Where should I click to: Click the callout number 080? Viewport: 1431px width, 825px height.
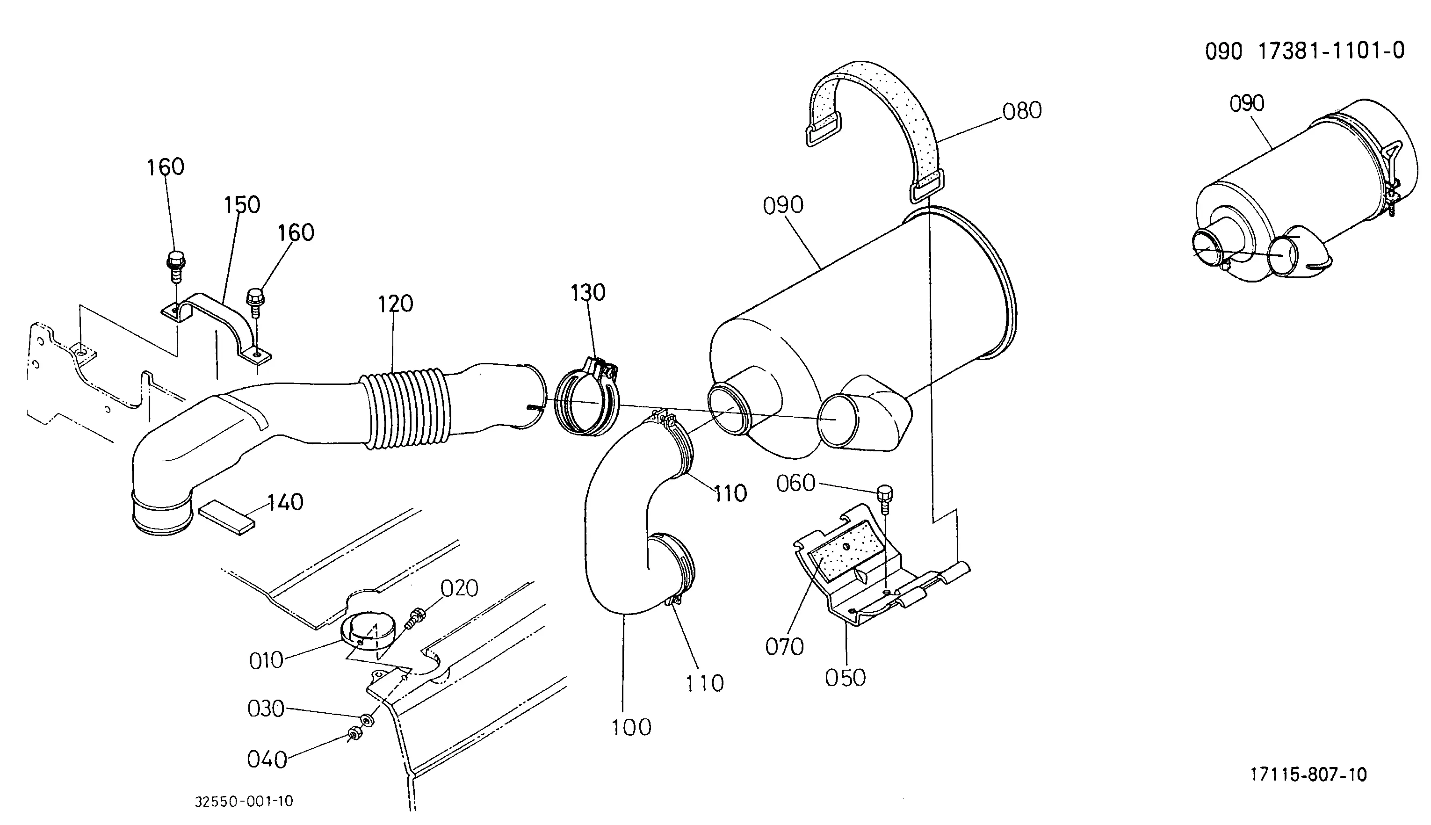point(1022,110)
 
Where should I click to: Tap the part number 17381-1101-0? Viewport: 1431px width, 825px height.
point(1331,51)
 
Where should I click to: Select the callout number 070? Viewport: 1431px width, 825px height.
point(785,646)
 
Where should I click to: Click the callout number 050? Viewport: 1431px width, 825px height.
point(845,678)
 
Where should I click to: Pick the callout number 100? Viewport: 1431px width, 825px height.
point(632,728)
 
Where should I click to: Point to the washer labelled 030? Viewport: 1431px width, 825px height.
point(368,720)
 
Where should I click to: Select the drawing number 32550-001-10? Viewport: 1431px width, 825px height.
point(244,801)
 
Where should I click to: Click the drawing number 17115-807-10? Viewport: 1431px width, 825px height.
point(1308,774)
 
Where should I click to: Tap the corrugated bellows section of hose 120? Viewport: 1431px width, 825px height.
point(407,408)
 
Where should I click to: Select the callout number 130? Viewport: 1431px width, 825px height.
point(588,292)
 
